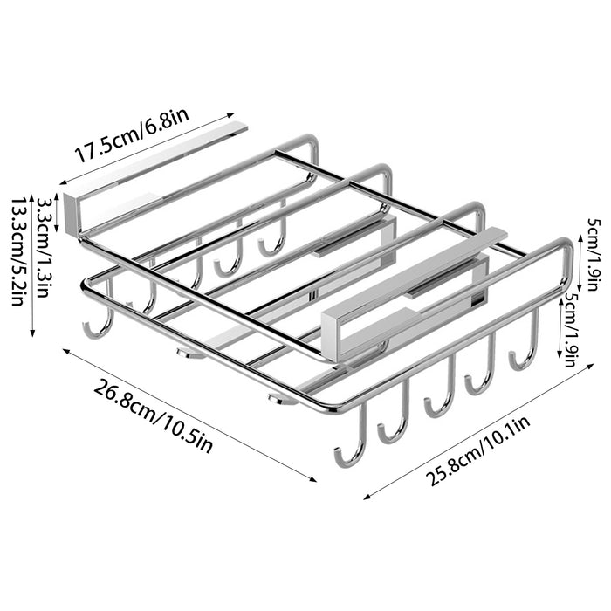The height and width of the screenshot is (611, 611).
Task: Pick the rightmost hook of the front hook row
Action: (x=524, y=349)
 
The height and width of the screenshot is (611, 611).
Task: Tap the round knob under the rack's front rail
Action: (x=280, y=399)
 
